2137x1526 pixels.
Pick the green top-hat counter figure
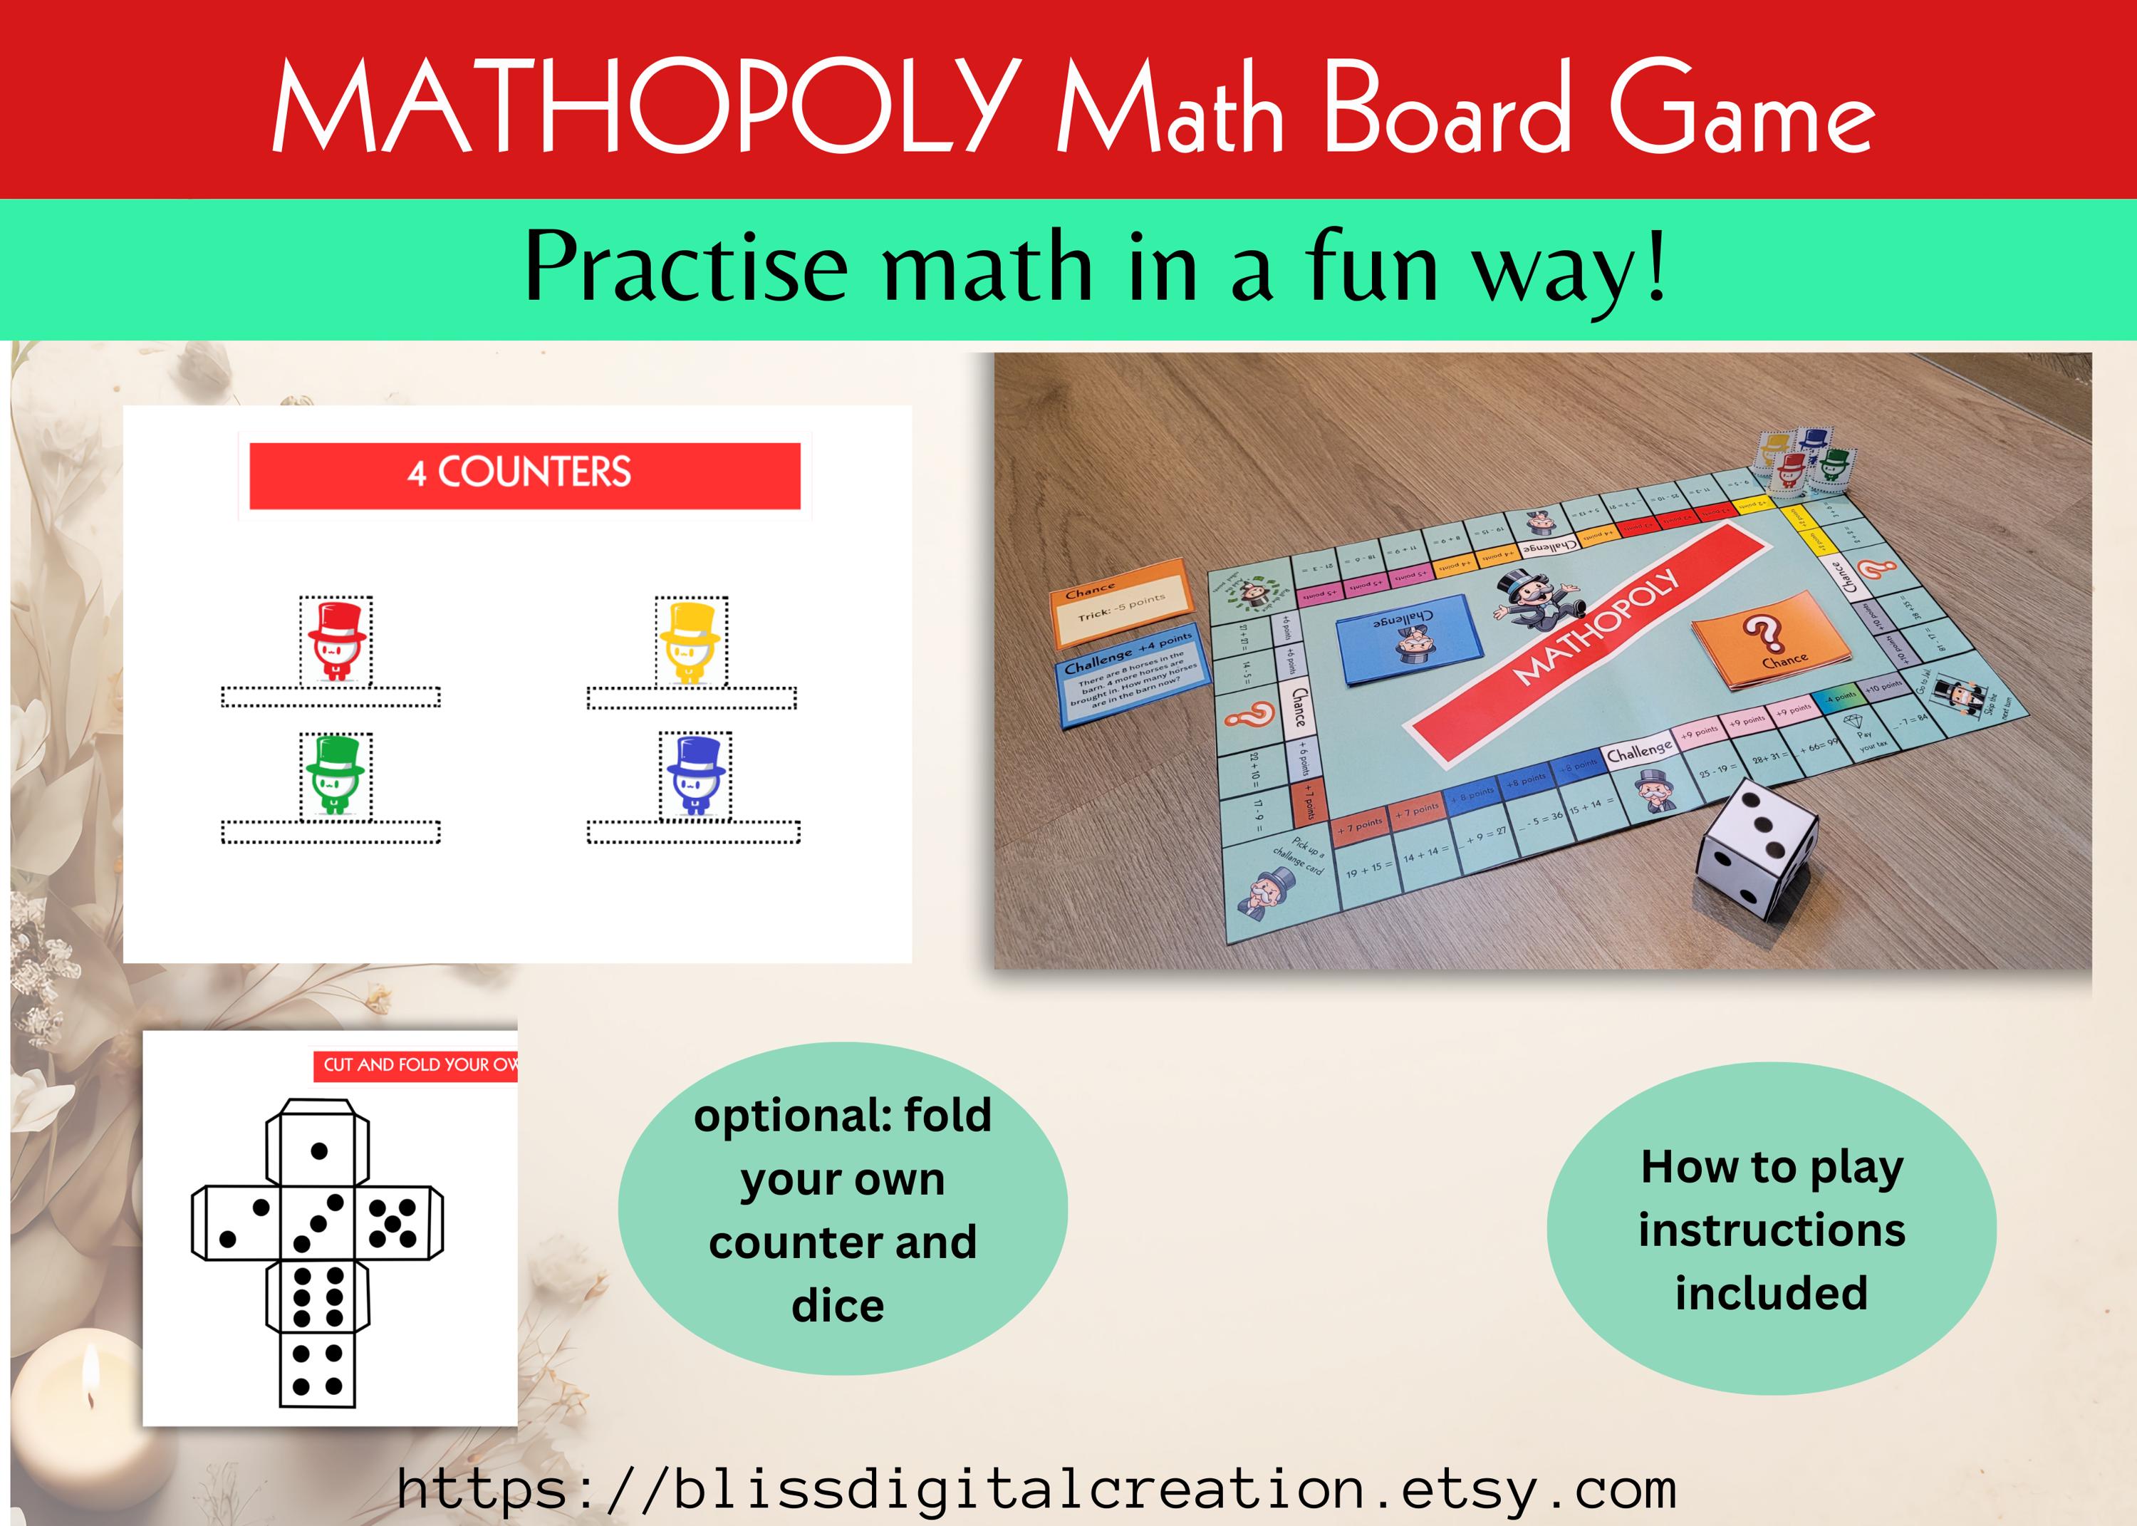point(336,776)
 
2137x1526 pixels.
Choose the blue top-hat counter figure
point(695,776)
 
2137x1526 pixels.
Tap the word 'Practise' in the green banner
point(686,267)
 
